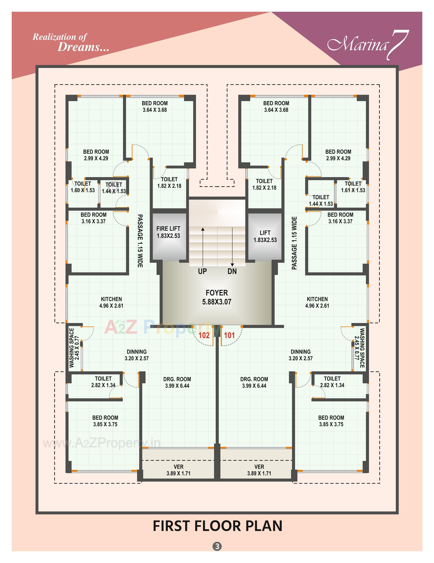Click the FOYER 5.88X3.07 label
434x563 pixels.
click(x=217, y=297)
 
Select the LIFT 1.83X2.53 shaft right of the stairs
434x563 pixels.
click(x=265, y=236)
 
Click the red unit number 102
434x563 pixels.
click(x=204, y=335)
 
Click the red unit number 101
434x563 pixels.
click(x=229, y=335)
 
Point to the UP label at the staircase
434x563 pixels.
click(x=202, y=271)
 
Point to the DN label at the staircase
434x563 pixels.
click(x=232, y=271)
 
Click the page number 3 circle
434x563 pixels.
click(x=217, y=546)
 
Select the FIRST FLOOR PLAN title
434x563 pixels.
click(x=217, y=526)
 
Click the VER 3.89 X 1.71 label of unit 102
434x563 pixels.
click(x=178, y=470)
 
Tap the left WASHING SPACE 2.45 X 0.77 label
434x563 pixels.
click(x=74, y=348)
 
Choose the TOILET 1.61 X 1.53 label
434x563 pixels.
click(x=353, y=187)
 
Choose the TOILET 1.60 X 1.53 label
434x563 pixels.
click(x=83, y=187)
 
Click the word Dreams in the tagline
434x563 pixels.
click(x=83, y=47)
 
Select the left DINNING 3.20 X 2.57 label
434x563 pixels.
click(x=136, y=355)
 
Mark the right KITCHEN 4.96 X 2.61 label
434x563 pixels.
click(x=317, y=302)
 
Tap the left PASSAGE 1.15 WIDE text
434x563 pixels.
click(x=140, y=241)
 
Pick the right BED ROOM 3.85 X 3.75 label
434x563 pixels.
click(x=331, y=421)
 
